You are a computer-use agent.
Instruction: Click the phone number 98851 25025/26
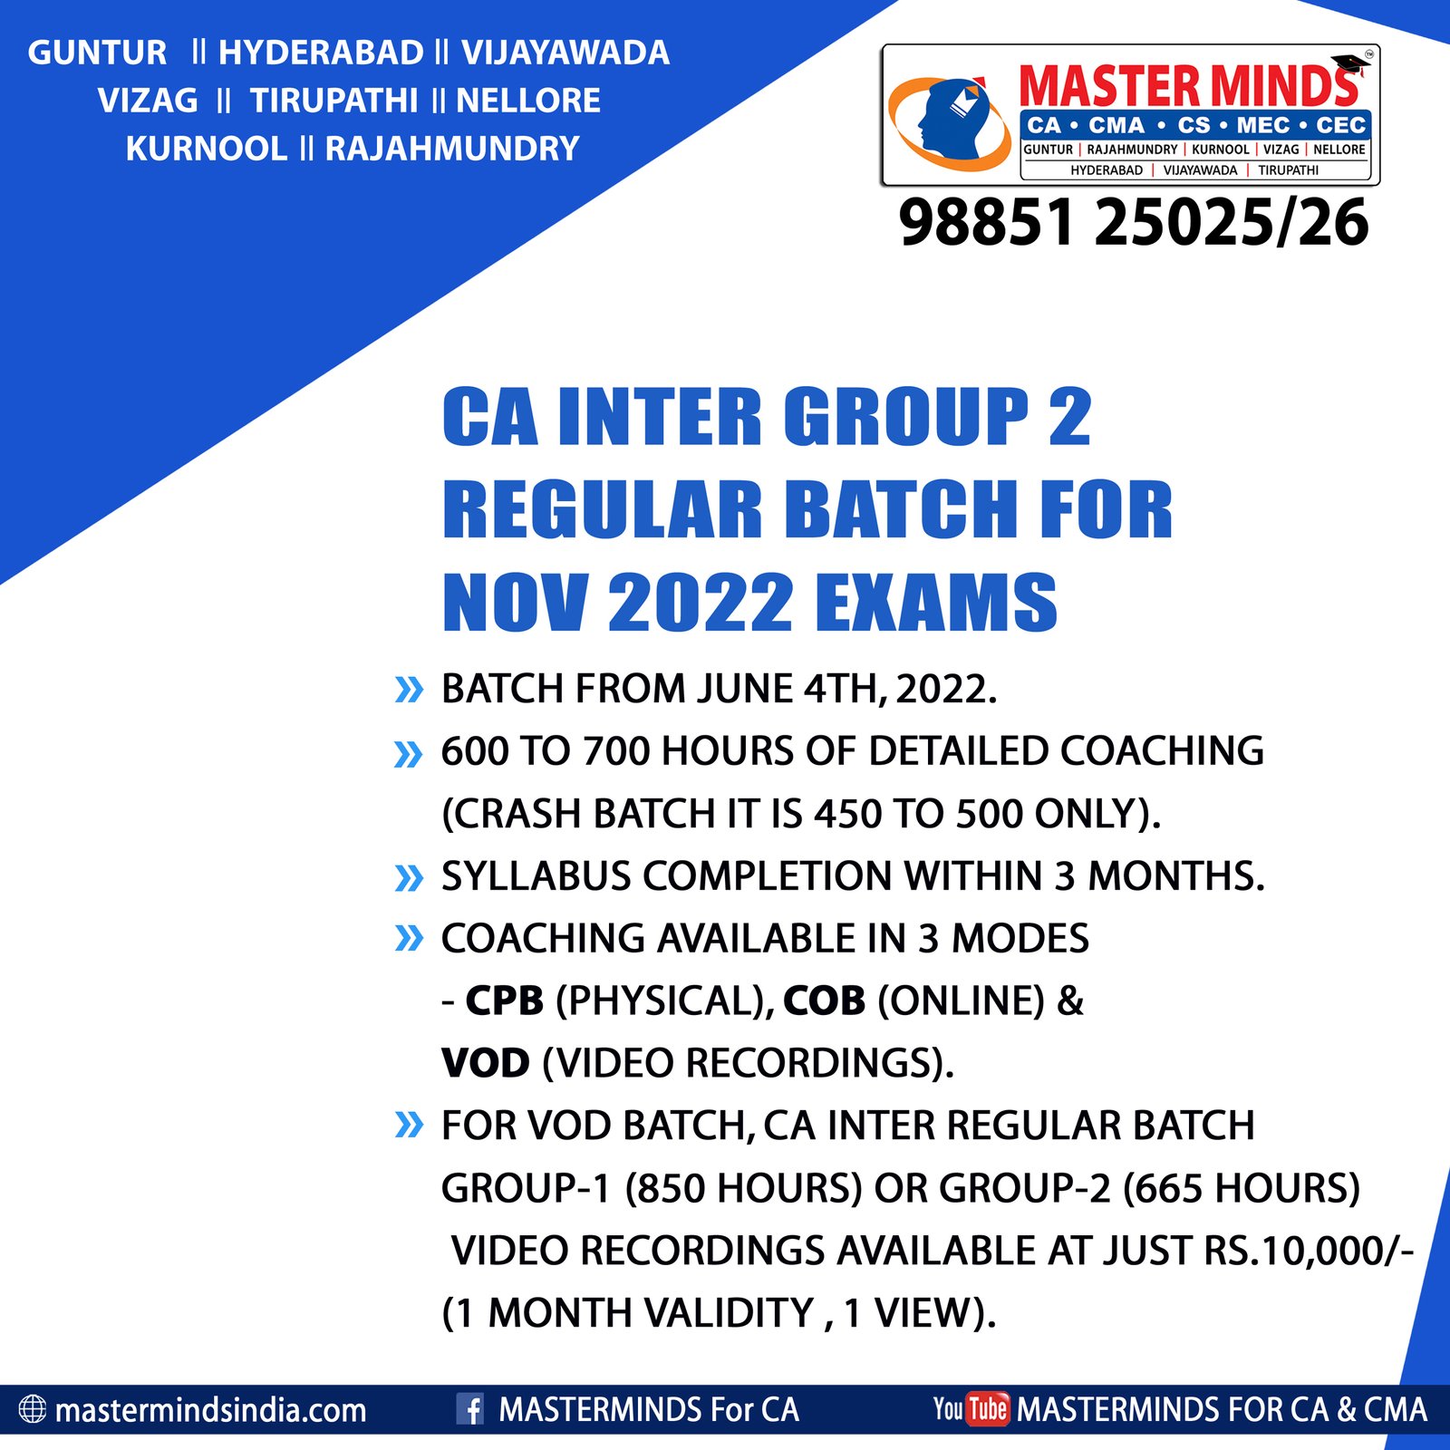pyautogui.click(x=1134, y=223)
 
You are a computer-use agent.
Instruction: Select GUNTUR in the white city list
pyautogui.click(x=98, y=53)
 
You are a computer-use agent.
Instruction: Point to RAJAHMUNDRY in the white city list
pyautogui.click(x=452, y=149)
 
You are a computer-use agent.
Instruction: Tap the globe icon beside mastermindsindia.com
pyautogui.click(x=33, y=1409)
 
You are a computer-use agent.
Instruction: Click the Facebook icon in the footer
pyautogui.click(x=470, y=1409)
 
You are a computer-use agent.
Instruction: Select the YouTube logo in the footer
pyautogui.click(x=971, y=1409)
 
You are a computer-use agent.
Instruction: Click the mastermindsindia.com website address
pyautogui.click(x=211, y=1410)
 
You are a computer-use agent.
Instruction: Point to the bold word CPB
pyautogui.click(x=505, y=1000)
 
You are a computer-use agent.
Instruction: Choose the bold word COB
pyautogui.click(x=825, y=1000)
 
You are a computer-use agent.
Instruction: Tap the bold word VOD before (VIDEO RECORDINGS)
pyautogui.click(x=486, y=1063)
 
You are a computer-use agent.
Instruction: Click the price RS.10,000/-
pyautogui.click(x=1309, y=1251)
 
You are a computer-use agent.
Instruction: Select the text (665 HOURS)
pyautogui.click(x=1242, y=1188)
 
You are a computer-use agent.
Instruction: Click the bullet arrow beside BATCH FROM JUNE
pyautogui.click(x=410, y=690)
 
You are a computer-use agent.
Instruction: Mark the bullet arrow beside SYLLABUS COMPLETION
pyautogui.click(x=410, y=877)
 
